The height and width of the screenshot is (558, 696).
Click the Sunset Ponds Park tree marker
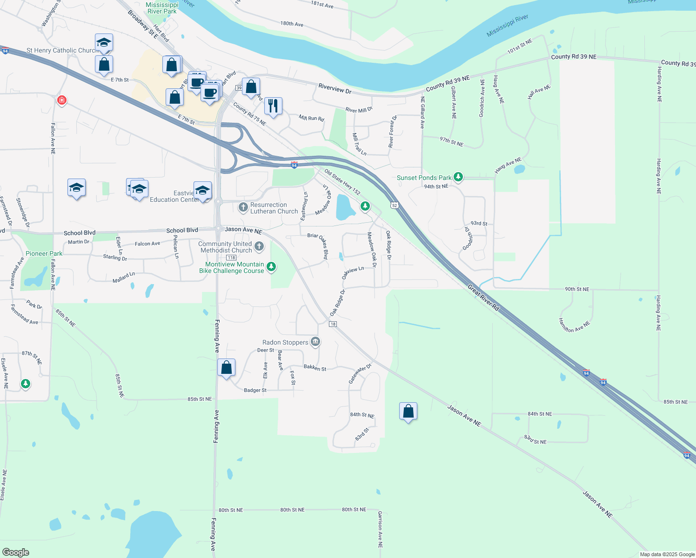[458, 177]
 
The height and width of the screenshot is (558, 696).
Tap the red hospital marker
[61, 100]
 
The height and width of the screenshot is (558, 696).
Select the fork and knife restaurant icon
[273, 106]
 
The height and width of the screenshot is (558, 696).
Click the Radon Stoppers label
[285, 342]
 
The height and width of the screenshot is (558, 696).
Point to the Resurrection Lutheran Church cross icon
[243, 207]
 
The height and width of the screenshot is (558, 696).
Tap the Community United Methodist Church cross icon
[259, 246]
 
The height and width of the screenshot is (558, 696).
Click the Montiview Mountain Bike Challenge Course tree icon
[271, 267]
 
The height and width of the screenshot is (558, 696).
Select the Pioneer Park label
[44, 253]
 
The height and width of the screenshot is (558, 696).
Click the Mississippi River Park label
[162, 8]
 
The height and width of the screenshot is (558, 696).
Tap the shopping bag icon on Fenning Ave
[226, 368]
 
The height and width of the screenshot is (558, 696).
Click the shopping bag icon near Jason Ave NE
[408, 412]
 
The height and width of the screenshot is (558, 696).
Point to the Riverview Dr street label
[335, 88]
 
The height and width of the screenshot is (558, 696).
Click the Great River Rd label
[483, 298]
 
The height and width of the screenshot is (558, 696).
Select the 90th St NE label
[577, 289]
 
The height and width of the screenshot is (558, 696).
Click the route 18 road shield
[333, 324]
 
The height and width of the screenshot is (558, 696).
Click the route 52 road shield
[395, 205]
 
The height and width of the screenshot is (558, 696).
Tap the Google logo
[16, 552]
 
